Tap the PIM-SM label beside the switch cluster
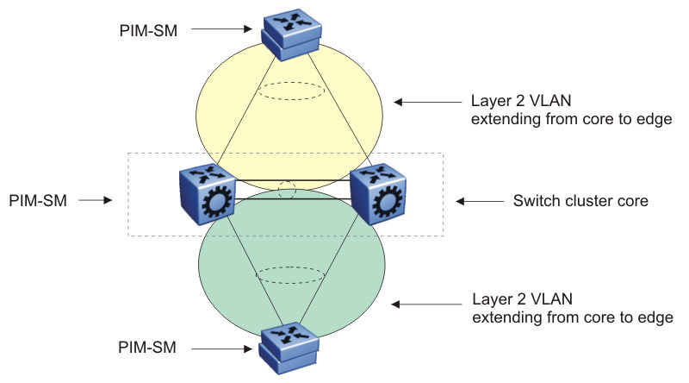coord(37,200)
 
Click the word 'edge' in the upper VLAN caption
coord(652,118)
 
